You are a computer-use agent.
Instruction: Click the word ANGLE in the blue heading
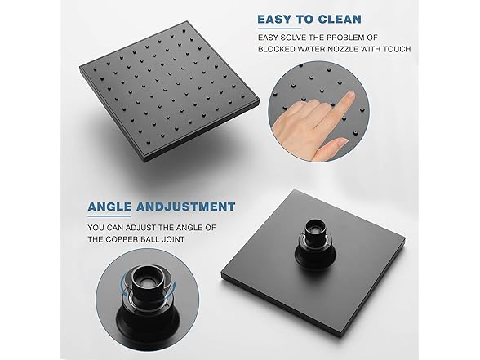coord(113,207)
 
